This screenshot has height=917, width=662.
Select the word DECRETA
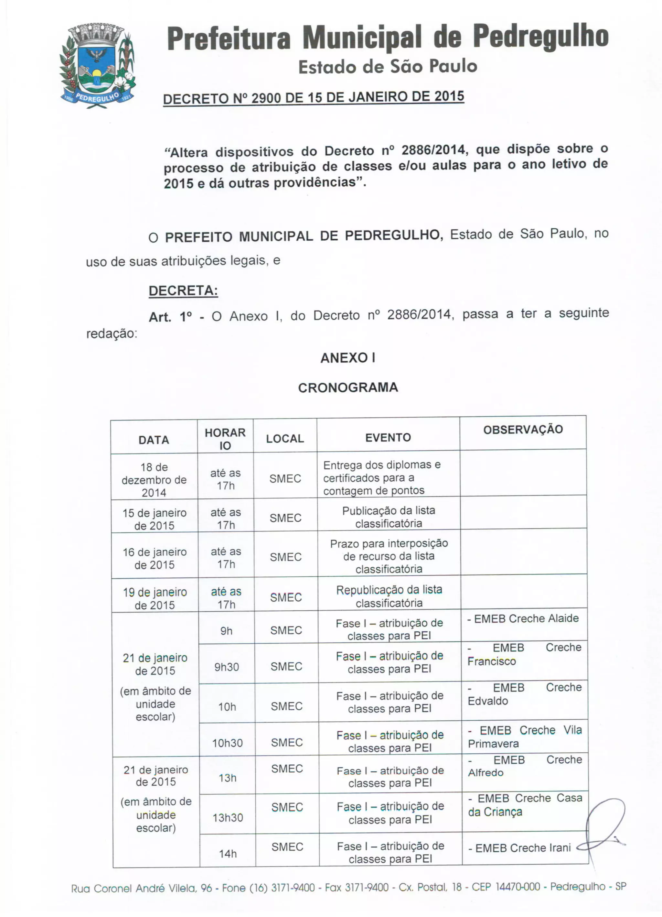point(183,291)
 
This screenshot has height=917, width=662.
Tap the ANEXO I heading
point(347,358)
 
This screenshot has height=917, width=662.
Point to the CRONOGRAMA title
point(348,388)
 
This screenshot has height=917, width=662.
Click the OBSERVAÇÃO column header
point(523,430)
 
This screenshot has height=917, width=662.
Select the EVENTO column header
point(388,437)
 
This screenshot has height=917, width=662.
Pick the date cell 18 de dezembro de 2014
point(154,480)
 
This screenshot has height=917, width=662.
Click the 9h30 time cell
point(227,667)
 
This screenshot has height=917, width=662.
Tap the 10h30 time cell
point(228,743)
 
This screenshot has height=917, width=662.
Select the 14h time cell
point(228,854)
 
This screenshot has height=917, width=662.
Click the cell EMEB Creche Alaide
point(523,618)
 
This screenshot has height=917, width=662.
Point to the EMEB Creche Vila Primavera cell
point(525,737)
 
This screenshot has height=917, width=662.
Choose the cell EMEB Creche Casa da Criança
point(525,805)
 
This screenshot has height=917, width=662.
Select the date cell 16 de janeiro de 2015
point(155,558)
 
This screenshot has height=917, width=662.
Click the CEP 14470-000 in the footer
point(506,887)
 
